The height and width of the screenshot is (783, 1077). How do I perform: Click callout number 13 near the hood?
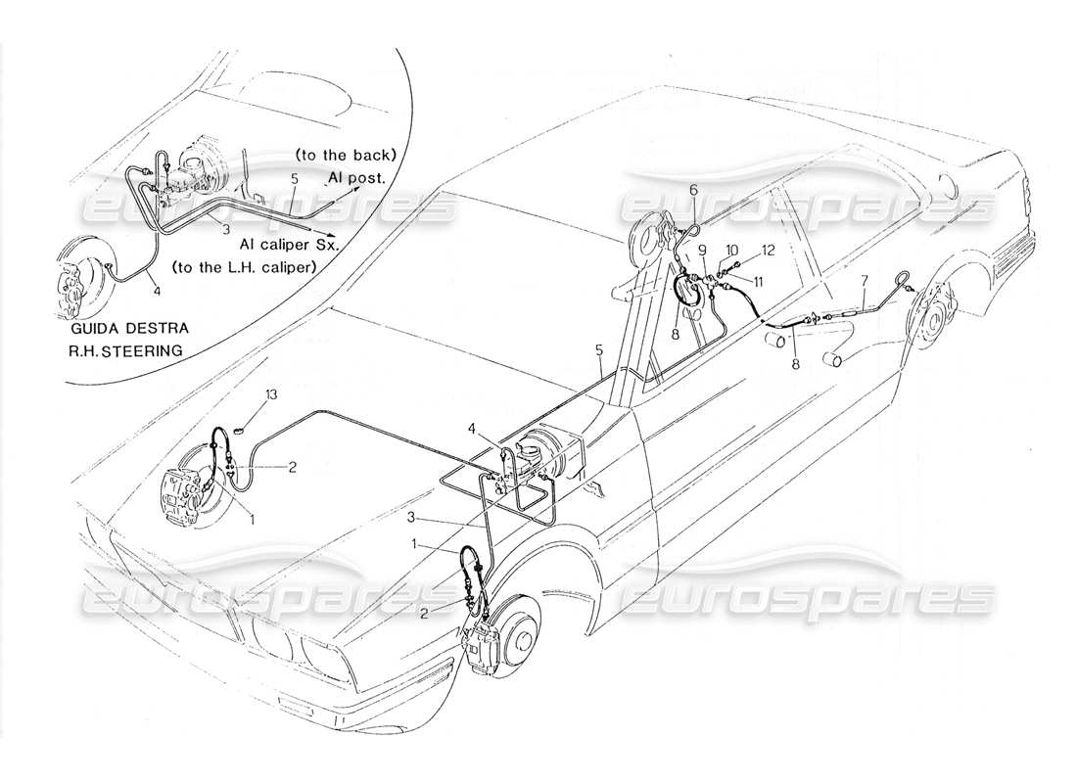[272, 394]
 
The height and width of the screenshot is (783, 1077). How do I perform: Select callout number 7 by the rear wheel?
[865, 280]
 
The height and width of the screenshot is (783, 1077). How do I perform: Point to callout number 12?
[768, 251]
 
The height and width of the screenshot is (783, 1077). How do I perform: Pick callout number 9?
[703, 250]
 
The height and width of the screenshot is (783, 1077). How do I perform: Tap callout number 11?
[758, 281]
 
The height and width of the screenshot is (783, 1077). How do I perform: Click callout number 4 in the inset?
[158, 292]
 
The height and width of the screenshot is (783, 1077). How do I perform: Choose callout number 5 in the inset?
[294, 179]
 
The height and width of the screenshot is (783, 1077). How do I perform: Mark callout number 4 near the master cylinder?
[472, 429]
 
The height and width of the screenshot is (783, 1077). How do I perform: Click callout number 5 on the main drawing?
[599, 350]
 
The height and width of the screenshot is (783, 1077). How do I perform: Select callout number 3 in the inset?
[226, 229]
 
